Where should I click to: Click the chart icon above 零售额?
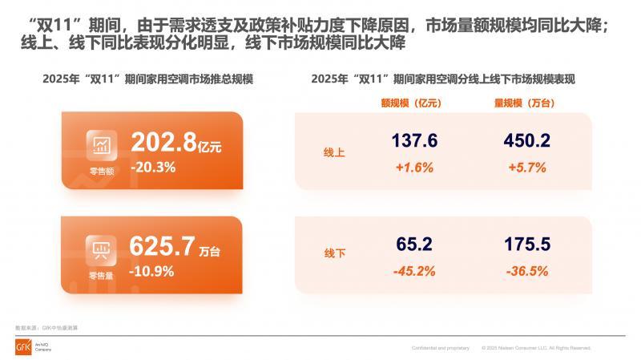tap(102, 144)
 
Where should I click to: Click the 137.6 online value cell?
tap(414, 141)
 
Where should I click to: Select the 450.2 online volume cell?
tap(526, 141)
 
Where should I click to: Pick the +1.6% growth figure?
tap(414, 168)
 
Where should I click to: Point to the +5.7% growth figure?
tap(526, 168)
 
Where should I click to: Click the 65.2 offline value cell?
tap(414, 244)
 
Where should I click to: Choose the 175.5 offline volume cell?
tap(526, 244)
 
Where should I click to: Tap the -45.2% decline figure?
tap(414, 271)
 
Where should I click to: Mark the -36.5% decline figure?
tap(526, 271)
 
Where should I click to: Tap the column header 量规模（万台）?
tap(525, 103)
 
